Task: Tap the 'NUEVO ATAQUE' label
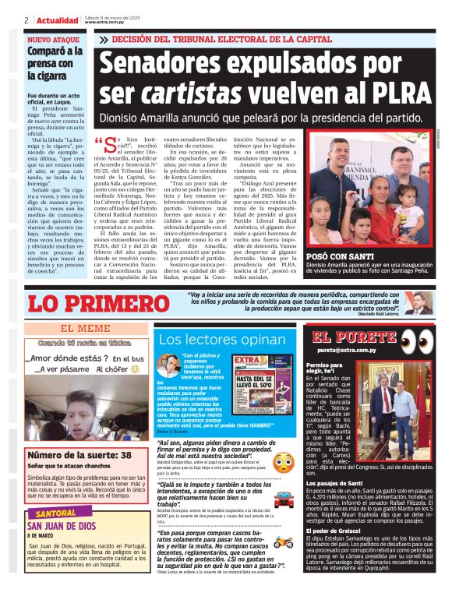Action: pyautogui.click(x=51, y=38)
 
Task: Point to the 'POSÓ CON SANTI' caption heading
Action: pyautogui.click(x=340, y=256)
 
